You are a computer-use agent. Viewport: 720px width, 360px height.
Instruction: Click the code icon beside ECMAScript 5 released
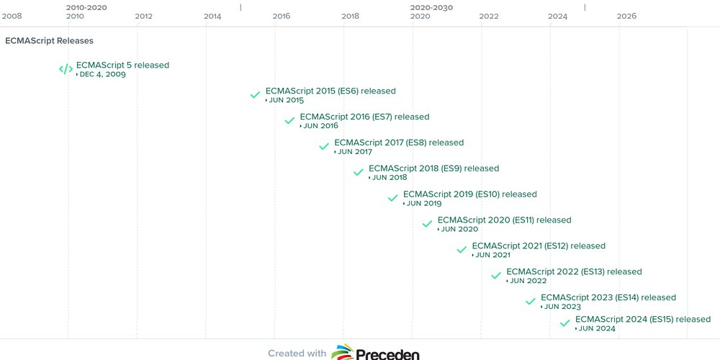pyautogui.click(x=66, y=70)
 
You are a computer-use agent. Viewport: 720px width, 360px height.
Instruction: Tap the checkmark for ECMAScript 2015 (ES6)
pyautogui.click(x=255, y=95)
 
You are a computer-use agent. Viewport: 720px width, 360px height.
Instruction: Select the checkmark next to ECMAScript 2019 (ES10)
pyautogui.click(x=392, y=198)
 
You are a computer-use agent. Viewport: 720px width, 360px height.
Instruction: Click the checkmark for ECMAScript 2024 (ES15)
pyautogui.click(x=564, y=323)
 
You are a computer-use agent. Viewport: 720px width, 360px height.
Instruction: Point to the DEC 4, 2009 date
pyautogui.click(x=102, y=75)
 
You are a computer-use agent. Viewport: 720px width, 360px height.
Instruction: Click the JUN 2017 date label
pyautogui.click(x=354, y=152)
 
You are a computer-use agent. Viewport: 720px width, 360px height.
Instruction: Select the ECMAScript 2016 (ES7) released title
pyautogui.click(x=364, y=117)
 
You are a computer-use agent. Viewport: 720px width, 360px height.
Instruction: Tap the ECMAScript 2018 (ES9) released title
pyautogui.click(x=433, y=168)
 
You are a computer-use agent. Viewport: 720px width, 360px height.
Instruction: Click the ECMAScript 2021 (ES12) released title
pyautogui.click(x=539, y=246)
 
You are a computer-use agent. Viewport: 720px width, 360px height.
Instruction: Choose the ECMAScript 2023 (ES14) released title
pyautogui.click(x=608, y=297)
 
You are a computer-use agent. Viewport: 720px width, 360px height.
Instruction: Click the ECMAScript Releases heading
pyautogui.click(x=49, y=41)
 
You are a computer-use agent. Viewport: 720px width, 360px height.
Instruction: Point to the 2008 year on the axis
pyautogui.click(x=12, y=16)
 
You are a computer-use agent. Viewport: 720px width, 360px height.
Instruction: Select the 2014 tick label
pyautogui.click(x=212, y=16)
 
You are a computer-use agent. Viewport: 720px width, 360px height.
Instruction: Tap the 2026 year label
pyautogui.click(x=626, y=16)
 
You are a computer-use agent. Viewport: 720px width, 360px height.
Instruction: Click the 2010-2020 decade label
pyautogui.click(x=86, y=6)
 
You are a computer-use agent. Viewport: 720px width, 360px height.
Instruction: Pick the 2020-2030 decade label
pyautogui.click(x=431, y=6)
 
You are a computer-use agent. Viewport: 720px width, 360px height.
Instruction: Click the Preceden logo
pyautogui.click(x=376, y=353)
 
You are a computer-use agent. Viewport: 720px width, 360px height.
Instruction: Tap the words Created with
pyautogui.click(x=297, y=353)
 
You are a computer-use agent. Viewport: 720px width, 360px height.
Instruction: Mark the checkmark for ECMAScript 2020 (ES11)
pyautogui.click(x=427, y=224)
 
